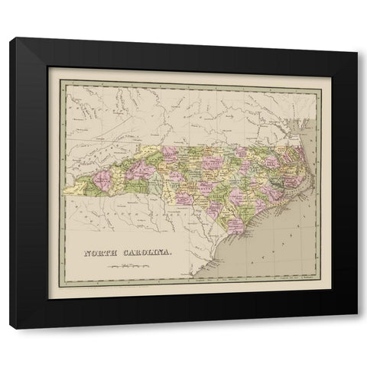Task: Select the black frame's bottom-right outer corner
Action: [x=358, y=329]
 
